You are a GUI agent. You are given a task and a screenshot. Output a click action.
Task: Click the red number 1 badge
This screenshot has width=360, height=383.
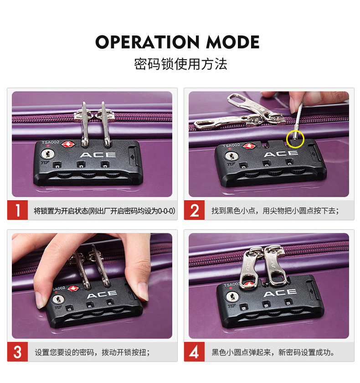coord(18,210)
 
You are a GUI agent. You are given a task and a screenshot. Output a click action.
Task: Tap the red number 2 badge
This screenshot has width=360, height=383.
coord(194,210)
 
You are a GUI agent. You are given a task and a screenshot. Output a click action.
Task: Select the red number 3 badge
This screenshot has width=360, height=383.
coord(18,352)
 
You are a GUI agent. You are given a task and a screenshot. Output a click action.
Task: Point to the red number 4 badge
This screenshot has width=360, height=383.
coord(194,352)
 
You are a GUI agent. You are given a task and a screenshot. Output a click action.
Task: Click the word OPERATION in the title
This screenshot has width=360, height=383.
coord(147,42)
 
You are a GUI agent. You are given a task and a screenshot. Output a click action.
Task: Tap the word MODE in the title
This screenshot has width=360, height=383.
coord(232,42)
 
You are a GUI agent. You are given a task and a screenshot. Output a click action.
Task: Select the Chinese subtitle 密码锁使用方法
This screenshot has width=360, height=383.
coord(180,64)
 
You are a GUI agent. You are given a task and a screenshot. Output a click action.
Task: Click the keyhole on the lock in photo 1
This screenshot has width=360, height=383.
coord(47,154)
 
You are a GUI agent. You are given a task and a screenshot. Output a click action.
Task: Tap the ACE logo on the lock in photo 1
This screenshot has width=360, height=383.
coord(98,155)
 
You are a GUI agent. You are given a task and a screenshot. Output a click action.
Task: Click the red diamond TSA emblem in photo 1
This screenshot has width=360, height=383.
coord(68,145)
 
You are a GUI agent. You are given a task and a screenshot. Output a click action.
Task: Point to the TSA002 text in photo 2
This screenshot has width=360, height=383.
coord(231,145)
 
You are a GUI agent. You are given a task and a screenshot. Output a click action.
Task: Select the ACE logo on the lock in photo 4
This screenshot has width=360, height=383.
coord(280,292)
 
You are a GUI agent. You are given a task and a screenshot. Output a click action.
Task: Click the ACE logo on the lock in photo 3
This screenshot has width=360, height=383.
coord(102,295)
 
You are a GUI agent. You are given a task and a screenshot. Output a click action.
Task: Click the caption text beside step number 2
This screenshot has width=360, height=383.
coord(275,211)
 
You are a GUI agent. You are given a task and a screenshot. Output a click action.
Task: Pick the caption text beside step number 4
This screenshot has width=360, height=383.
coord(273,352)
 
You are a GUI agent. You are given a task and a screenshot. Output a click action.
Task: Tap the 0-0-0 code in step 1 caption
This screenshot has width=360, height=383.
coord(166,211)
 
